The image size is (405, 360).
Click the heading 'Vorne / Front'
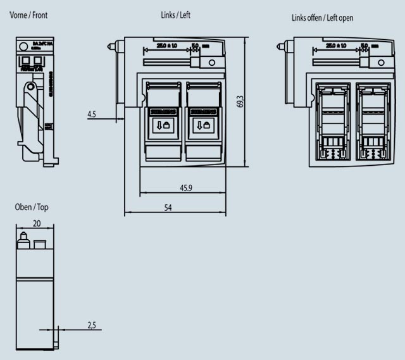(x=28, y=14)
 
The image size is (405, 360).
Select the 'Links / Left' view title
(x=175, y=15)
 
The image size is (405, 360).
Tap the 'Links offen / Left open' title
(x=322, y=18)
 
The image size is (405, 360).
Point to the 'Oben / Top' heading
(x=31, y=207)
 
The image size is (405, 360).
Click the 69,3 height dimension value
(x=240, y=101)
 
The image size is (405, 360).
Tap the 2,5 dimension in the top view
(x=92, y=325)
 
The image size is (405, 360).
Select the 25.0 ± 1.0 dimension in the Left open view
(x=339, y=46)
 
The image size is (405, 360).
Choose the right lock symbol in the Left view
(x=203, y=125)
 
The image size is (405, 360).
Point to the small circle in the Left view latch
(x=212, y=63)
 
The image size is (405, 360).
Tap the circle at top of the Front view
(x=24, y=46)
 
